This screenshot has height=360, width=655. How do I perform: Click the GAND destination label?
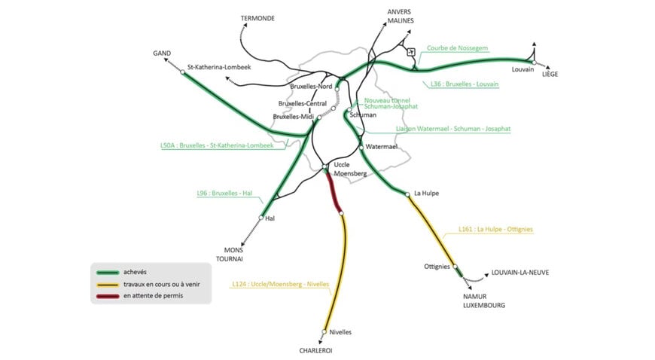[161, 53]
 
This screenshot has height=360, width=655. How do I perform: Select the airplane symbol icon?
[410, 52]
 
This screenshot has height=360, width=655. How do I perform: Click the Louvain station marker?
[533, 63]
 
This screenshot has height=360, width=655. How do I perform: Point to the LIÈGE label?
[550, 73]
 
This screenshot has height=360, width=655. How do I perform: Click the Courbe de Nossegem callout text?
[457, 48]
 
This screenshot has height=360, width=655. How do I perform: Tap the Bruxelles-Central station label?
[302, 104]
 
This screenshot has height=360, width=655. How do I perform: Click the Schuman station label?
[363, 114]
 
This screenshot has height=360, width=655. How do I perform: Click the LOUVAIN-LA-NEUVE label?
[519, 272]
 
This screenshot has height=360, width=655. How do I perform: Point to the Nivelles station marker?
[324, 332]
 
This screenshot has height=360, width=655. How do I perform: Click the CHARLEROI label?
[315, 350]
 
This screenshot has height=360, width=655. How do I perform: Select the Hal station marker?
[261, 218]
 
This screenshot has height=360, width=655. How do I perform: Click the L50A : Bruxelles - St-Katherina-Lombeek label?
[206, 145]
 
